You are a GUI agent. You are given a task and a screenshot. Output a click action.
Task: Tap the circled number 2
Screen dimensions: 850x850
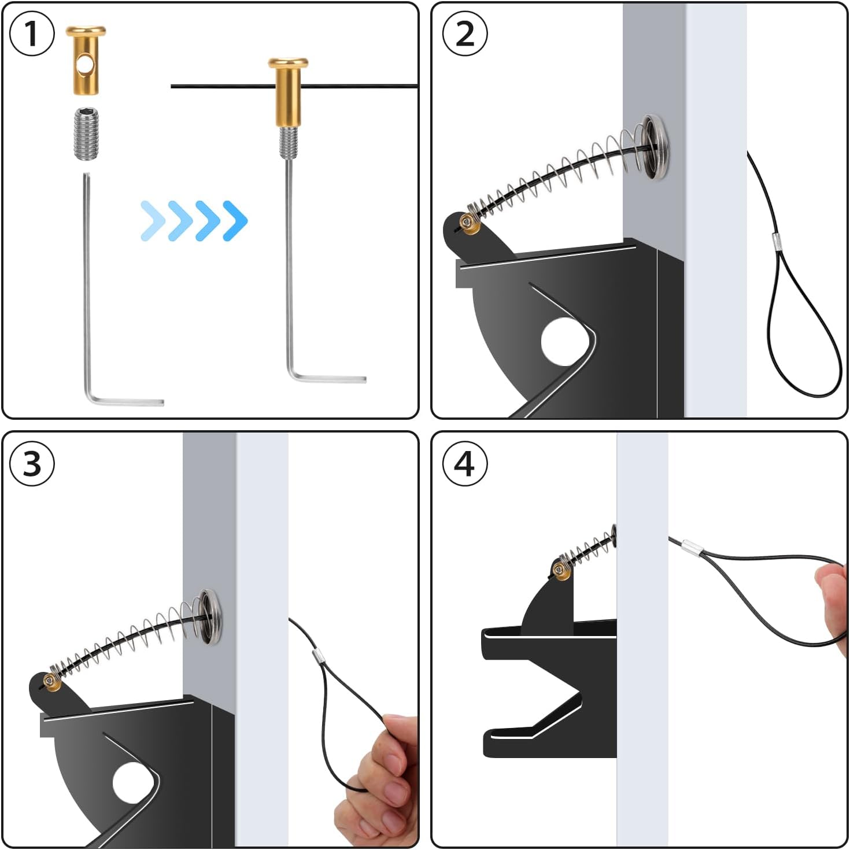[464, 34]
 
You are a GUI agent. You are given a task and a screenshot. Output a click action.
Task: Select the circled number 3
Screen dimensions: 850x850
[32, 464]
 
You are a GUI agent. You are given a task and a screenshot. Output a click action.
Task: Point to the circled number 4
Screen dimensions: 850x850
[464, 464]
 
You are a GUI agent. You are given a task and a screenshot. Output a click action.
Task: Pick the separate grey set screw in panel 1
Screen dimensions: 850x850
[86, 134]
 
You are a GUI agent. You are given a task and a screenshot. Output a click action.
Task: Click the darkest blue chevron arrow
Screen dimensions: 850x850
[235, 220]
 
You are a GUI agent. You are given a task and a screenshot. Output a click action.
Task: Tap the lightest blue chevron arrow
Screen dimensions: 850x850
[152, 220]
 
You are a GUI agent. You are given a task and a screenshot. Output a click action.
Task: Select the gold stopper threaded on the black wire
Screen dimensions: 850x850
[287, 93]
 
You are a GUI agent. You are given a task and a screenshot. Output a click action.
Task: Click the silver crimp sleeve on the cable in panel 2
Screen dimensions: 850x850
[777, 241]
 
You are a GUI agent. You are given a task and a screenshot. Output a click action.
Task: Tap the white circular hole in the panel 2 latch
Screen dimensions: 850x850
[562, 342]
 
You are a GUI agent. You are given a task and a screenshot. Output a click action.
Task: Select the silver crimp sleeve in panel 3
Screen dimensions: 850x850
[317, 656]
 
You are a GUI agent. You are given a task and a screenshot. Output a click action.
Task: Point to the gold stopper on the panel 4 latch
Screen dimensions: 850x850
[561, 570]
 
